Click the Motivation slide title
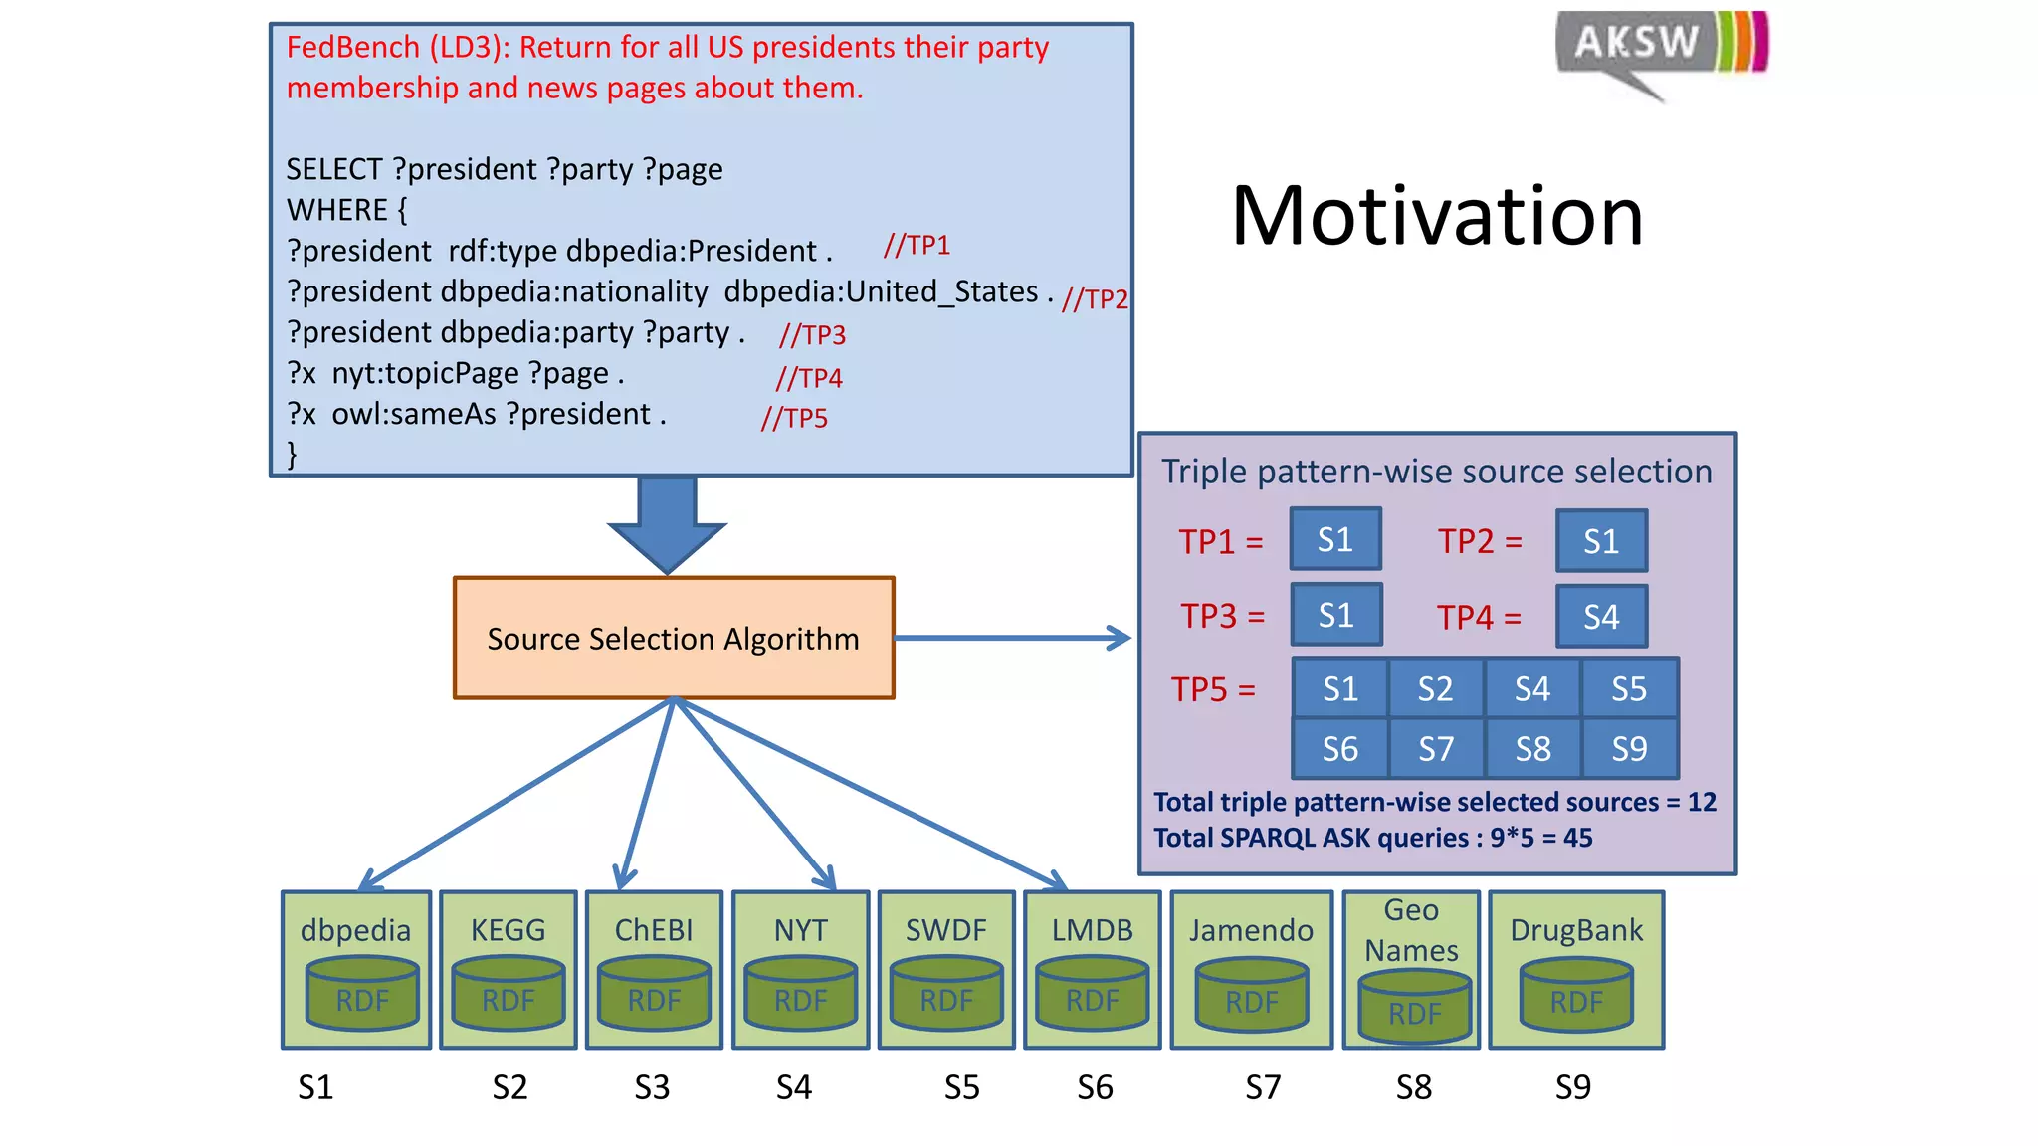click(1437, 216)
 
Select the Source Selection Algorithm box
click(674, 638)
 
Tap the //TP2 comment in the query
click(1094, 298)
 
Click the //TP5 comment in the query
click(794, 418)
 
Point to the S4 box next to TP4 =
click(1601, 617)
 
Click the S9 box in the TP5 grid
click(1629, 748)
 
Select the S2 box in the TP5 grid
click(1435, 688)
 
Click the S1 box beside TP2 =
click(1601, 541)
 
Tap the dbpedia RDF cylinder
click(362, 994)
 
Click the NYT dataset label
click(800, 930)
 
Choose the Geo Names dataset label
click(1411, 930)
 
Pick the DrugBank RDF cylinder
click(1576, 996)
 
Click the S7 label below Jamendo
click(1263, 1087)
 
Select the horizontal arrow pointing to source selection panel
click(1012, 638)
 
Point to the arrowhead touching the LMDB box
click(1059, 880)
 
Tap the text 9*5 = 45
click(1540, 838)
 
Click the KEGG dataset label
click(508, 930)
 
